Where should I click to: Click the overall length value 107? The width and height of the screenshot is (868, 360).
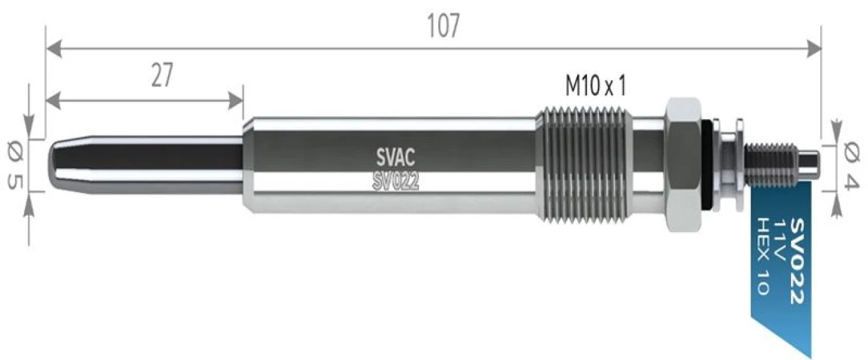[x=443, y=26]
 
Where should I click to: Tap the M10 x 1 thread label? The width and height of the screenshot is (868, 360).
[x=595, y=87]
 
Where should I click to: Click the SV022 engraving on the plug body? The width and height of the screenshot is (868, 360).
[x=395, y=181]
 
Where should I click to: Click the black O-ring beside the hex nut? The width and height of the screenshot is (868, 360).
[x=707, y=165]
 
